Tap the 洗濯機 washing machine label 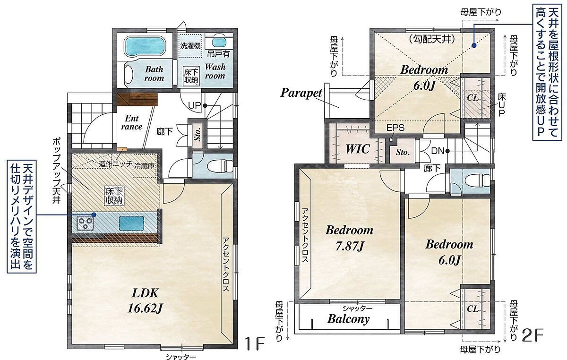tap(190, 46)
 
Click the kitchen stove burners tap(85, 223)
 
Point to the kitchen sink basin tap(132, 223)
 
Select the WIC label tap(358, 149)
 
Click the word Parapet tap(301, 93)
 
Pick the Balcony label tap(348, 319)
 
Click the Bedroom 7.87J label tap(349, 238)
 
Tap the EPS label tap(395, 128)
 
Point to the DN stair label tap(438, 151)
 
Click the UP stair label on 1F tap(194, 105)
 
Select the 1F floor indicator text tap(255, 343)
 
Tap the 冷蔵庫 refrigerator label tap(145, 166)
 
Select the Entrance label tap(132, 122)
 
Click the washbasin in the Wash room tap(218, 43)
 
